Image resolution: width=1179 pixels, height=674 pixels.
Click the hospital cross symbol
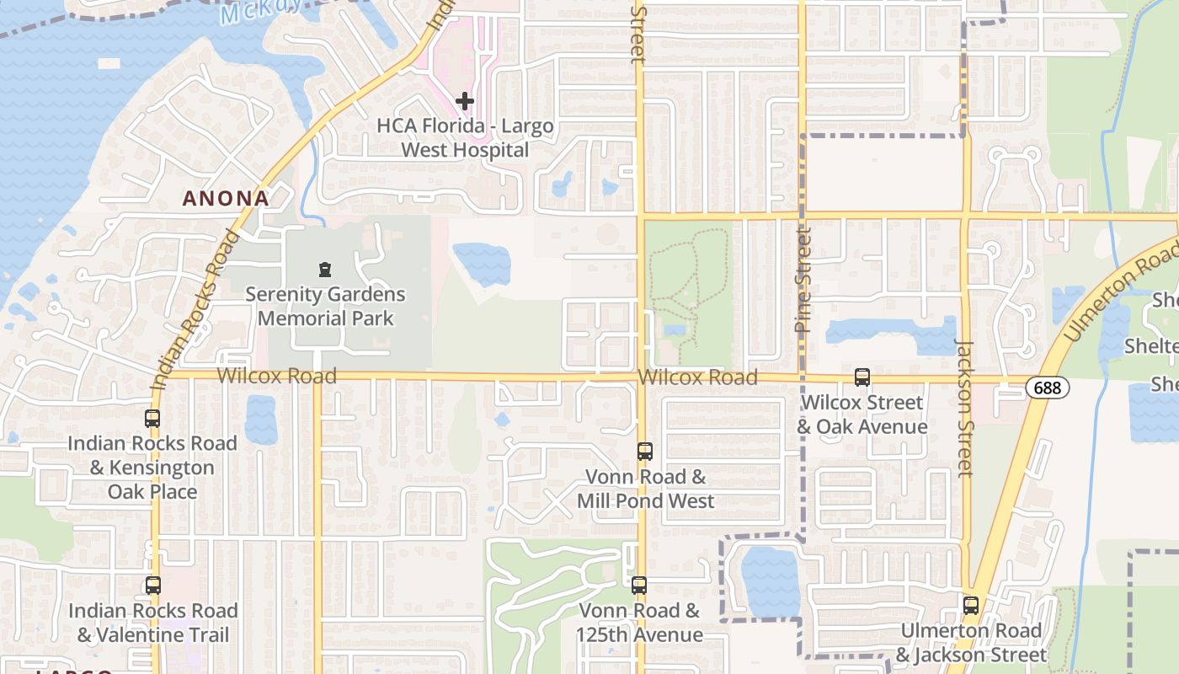pos(464,101)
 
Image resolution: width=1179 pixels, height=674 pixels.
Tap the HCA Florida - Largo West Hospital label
pos(465,138)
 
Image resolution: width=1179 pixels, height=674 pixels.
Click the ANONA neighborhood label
pos(227,199)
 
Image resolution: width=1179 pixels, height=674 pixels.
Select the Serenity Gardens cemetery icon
pos(325,270)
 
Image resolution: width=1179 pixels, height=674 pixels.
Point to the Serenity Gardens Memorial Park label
pos(325,307)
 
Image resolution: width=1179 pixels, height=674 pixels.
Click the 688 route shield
pos(1048,388)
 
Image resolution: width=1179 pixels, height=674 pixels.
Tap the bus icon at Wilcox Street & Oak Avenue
pos(862,377)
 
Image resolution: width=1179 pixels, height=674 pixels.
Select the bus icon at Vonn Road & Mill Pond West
pos(644,452)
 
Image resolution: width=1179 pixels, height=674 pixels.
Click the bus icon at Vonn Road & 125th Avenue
pos(639,586)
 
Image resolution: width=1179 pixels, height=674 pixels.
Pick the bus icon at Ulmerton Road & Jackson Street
pos(971,605)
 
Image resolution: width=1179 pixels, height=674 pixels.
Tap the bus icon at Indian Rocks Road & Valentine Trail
pos(152,585)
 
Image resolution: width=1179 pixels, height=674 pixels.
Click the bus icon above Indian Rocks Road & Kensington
pos(152,419)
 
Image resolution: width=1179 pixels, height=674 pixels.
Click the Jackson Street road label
pos(965,407)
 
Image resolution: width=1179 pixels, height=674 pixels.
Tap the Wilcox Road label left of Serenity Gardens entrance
pos(277,376)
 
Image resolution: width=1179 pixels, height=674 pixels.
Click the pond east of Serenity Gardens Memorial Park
pos(482,264)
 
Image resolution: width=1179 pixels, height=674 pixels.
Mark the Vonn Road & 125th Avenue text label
pos(640,623)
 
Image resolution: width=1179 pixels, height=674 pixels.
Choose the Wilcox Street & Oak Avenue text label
pos(862,415)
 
